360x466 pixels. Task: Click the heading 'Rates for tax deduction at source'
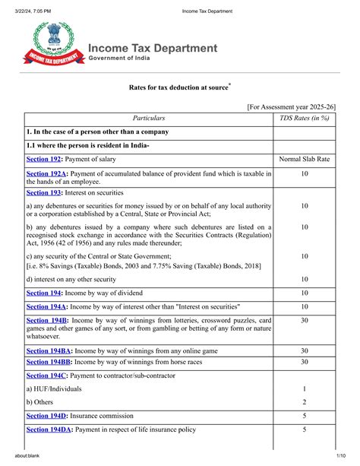178,88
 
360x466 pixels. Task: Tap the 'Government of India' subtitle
128,60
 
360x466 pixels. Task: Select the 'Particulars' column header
149,119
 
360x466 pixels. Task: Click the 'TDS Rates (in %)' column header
304,119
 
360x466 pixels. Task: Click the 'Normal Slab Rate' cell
304,160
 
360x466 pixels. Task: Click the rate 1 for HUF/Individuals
304,388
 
